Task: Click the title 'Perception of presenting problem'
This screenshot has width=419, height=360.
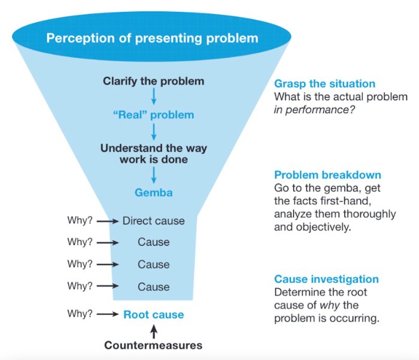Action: coord(153,38)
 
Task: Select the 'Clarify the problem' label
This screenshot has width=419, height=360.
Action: coord(153,81)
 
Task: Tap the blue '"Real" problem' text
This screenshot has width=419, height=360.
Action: coord(153,114)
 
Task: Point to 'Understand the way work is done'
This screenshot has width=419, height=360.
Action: coord(153,154)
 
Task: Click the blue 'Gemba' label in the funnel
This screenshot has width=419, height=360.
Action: coord(153,193)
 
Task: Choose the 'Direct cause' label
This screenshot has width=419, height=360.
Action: coord(153,221)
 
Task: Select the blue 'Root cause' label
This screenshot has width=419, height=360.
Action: coord(153,314)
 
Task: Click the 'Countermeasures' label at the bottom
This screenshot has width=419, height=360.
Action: coord(153,345)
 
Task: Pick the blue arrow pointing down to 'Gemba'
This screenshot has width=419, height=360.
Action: coord(153,175)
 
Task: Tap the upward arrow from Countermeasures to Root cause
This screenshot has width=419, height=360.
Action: coord(153,330)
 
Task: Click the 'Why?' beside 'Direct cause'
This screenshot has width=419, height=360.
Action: coord(80,220)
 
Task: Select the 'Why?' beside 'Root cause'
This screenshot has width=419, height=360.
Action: coord(80,314)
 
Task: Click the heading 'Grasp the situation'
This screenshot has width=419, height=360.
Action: coord(324,84)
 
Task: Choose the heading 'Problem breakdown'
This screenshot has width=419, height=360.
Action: coord(327,176)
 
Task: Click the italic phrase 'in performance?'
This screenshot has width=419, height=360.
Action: coord(308,109)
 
